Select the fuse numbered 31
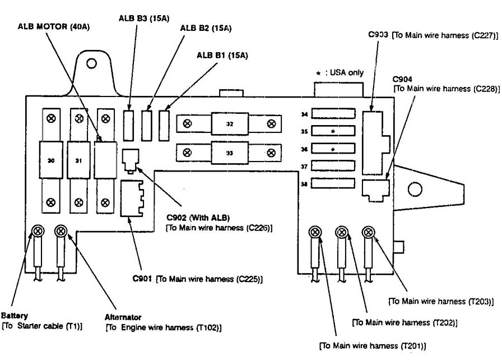point(78,160)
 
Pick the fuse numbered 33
point(229,152)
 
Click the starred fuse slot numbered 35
point(333,132)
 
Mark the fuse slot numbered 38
point(333,183)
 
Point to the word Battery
point(15,316)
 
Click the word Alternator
point(123,317)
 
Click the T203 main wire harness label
point(441,301)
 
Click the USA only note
point(343,72)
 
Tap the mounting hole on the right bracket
point(415,188)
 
